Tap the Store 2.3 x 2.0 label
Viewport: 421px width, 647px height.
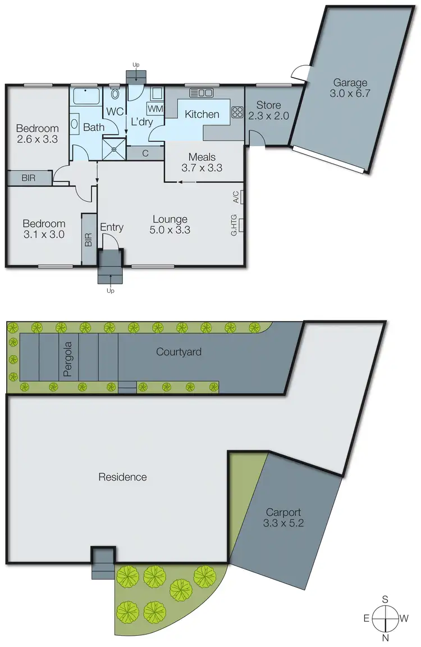pyautogui.click(x=268, y=110)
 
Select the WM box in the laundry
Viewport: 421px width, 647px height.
pyautogui.click(x=155, y=108)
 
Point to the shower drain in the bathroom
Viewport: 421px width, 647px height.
pyautogui.click(x=115, y=149)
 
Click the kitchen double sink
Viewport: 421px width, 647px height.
pyautogui.click(x=202, y=93)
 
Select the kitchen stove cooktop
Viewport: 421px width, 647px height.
pyautogui.click(x=237, y=113)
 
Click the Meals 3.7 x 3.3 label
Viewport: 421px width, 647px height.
pyautogui.click(x=202, y=162)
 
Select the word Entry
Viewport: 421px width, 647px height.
pyautogui.click(x=111, y=227)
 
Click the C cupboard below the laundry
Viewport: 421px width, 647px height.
pyautogui.click(x=144, y=152)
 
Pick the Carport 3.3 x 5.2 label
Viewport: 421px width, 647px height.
pyautogui.click(x=283, y=518)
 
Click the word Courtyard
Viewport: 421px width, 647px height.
pyautogui.click(x=179, y=352)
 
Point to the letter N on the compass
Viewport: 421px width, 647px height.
pyautogui.click(x=386, y=639)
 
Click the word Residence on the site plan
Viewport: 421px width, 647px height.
pyautogui.click(x=122, y=477)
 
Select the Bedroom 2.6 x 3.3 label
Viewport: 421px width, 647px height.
pyautogui.click(x=37, y=133)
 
